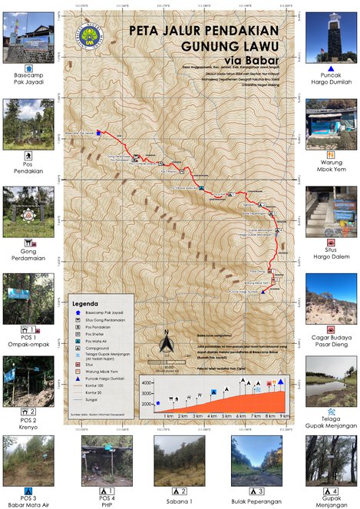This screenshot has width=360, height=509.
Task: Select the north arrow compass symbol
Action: click(165, 342)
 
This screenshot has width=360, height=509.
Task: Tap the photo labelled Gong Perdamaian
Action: click(28, 212)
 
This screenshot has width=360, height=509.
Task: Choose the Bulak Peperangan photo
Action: click(256, 459)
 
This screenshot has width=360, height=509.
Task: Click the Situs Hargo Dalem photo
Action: click(331, 212)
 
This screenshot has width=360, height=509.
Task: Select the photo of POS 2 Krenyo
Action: click(28, 381)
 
